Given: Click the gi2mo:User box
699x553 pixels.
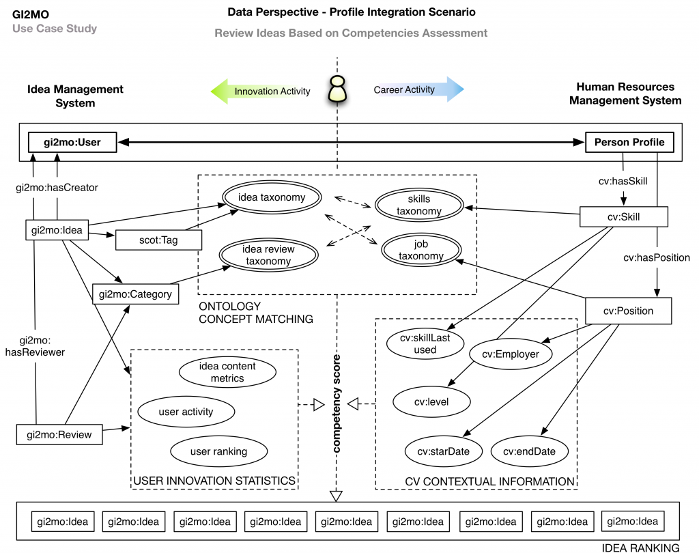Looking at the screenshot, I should pyautogui.click(x=72, y=143).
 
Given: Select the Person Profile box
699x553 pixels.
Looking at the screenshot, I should pyautogui.click(x=629, y=143).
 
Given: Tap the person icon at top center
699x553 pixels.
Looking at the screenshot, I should pyautogui.click(x=337, y=91).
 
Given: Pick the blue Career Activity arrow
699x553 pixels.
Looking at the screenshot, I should pyautogui.click(x=413, y=89).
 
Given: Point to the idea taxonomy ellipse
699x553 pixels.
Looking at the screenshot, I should pyautogui.click(x=272, y=197).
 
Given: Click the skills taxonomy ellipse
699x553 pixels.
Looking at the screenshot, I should pyautogui.click(x=418, y=205).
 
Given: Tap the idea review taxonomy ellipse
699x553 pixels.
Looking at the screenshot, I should pyautogui.click(x=269, y=255).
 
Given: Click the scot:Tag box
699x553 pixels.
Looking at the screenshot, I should pyautogui.click(x=160, y=240).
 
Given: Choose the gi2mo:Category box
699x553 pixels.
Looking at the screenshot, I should pyautogui.click(x=135, y=294).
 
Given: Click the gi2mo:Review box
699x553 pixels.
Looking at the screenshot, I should pyautogui.click(x=59, y=434).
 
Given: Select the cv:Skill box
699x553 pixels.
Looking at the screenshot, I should pyautogui.click(x=623, y=217).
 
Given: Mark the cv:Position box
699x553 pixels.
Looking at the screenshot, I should pyautogui.click(x=628, y=311).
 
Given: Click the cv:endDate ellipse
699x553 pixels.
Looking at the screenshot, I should pyautogui.click(x=530, y=451).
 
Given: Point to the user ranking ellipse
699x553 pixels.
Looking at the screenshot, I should pyautogui.click(x=218, y=451).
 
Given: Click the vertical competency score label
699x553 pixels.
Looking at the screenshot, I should pyautogui.click(x=337, y=403).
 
